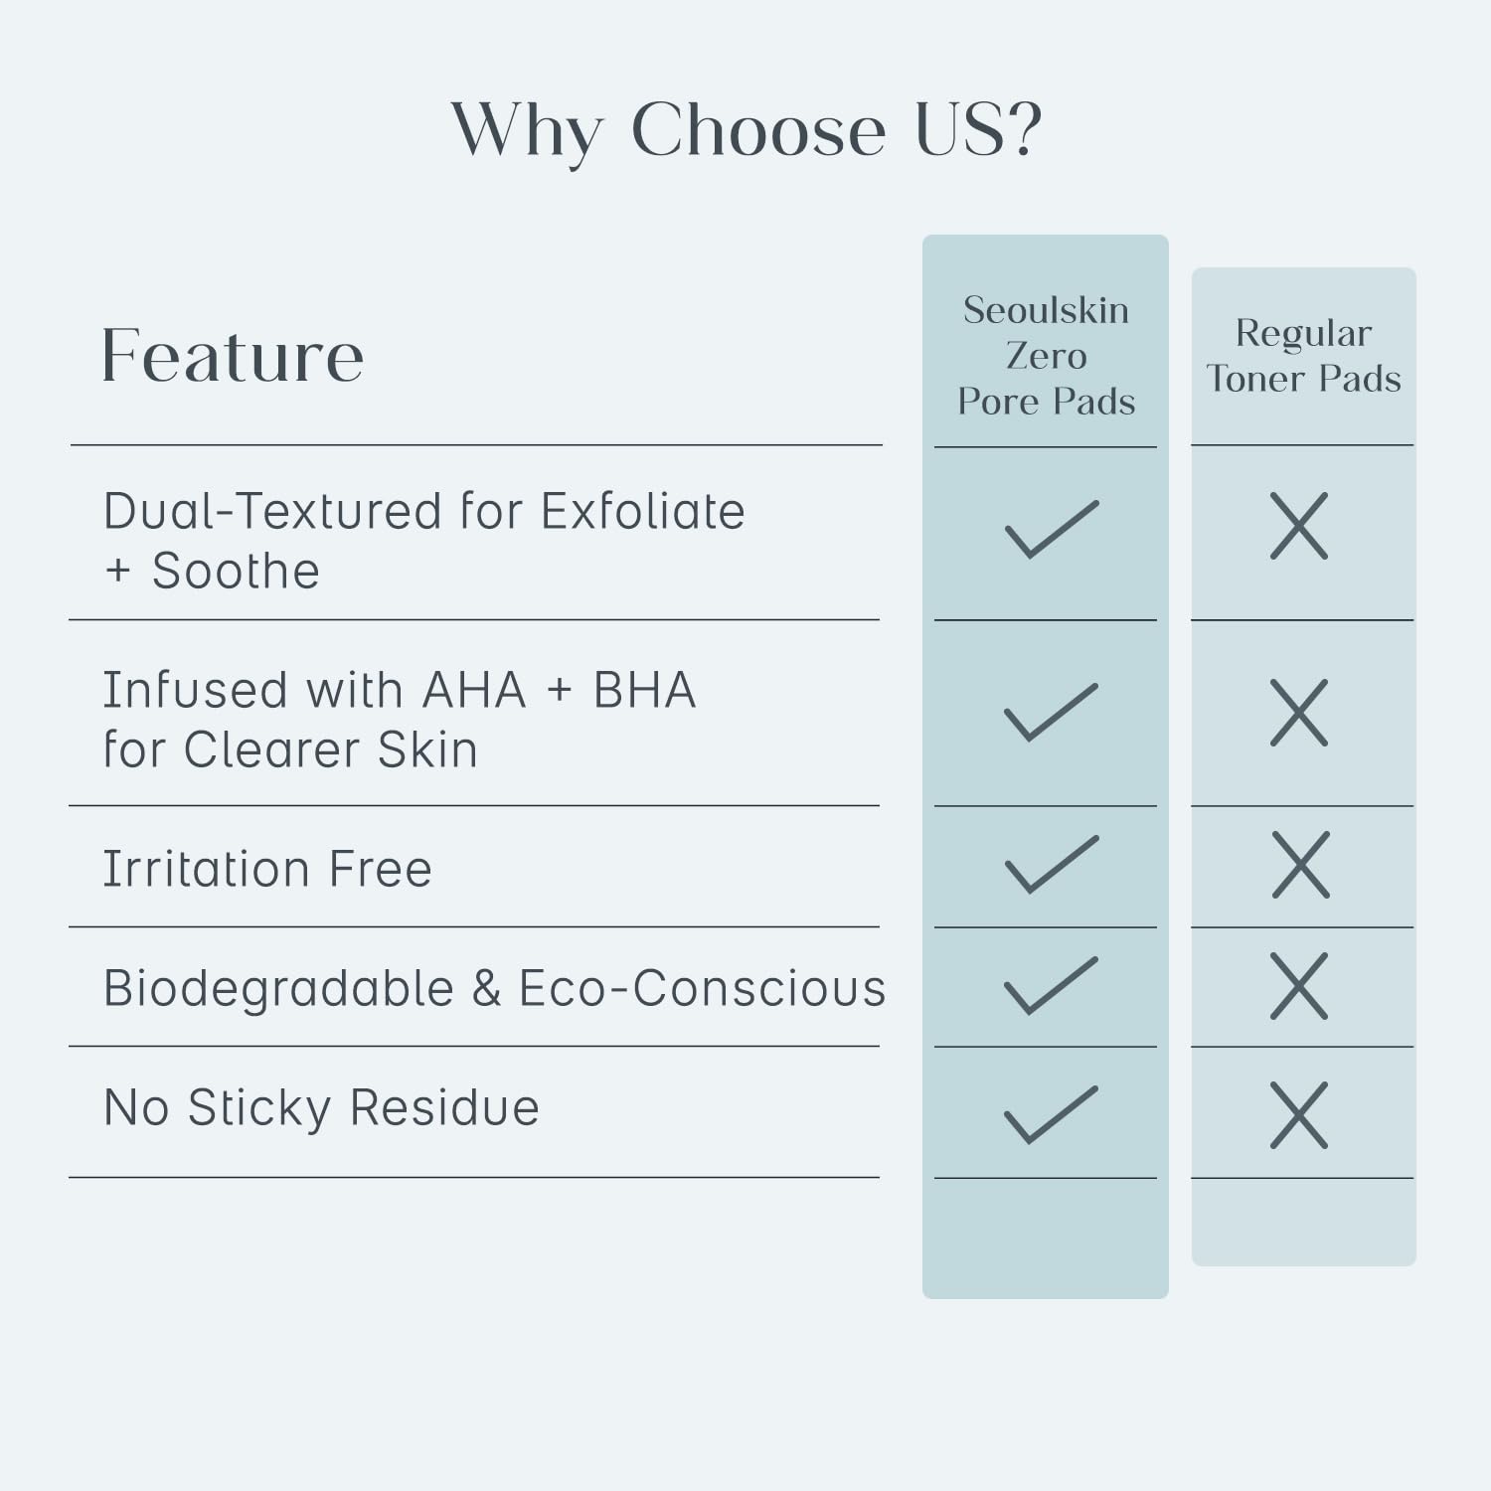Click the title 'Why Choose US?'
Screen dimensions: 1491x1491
746,130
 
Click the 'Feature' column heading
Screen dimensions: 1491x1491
233,355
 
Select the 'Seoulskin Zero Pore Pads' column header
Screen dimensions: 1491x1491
1046,355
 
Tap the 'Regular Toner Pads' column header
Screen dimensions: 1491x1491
1303,355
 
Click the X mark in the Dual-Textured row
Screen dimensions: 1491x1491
1299,526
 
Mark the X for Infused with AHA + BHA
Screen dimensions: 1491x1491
1299,713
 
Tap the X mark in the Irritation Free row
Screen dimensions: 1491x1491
1300,866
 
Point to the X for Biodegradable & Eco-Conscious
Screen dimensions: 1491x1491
1299,986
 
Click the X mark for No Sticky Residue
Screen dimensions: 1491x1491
1299,1115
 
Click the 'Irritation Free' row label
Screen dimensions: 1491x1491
267,869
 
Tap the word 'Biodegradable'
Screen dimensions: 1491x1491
278,988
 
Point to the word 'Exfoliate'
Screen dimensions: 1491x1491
642,511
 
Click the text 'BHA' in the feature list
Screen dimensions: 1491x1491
644,690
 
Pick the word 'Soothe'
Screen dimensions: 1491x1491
236,571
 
